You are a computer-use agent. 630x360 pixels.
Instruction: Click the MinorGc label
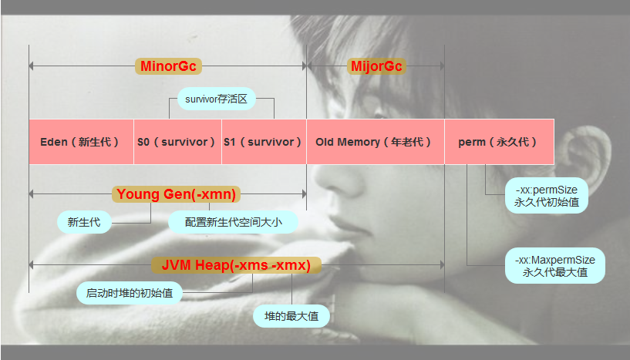pos(168,66)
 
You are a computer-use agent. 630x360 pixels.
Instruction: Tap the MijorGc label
pos(376,66)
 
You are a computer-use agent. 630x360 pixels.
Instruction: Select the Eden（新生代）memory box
pos(81,142)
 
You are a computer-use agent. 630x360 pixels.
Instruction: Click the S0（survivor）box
pos(177,142)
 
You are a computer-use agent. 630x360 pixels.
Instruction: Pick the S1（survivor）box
pos(264,142)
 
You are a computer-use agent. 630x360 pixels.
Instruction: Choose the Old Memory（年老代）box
pos(375,142)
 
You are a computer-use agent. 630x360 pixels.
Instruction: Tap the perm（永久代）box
pos(499,142)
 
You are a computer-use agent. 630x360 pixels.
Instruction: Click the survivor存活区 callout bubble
pos(216,99)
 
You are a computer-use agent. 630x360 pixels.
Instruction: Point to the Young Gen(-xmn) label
pos(175,194)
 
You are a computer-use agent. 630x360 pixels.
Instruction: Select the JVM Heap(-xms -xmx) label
pos(235,265)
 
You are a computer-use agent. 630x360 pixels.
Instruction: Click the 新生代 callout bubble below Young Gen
pos(83,223)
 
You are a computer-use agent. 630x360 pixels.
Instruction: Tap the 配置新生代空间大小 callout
pos(233,222)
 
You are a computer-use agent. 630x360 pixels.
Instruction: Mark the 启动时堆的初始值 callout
pos(129,293)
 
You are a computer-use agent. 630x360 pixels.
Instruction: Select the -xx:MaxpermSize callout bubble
pos(554,266)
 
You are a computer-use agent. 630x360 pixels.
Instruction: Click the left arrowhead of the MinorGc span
pos(32,66)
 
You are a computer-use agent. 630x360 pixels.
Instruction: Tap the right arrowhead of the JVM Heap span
pos(441,265)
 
